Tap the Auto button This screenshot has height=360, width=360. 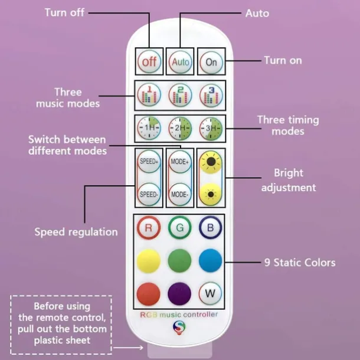point(180,61)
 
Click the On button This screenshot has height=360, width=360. point(211,61)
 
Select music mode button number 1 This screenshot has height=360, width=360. point(149,95)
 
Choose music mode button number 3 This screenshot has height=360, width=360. point(211,95)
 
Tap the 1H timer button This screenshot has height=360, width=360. point(149,127)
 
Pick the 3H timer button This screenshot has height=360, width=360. point(211,127)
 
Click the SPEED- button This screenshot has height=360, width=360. point(149,194)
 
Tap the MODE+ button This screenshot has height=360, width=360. point(180,161)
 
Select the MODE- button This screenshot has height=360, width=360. point(180,194)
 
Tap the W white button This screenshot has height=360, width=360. point(211,293)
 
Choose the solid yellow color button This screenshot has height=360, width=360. point(149,260)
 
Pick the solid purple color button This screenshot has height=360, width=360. point(180,293)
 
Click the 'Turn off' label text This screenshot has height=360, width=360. point(64,12)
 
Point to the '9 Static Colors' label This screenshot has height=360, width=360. point(300,262)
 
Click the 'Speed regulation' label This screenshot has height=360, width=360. point(76,232)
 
